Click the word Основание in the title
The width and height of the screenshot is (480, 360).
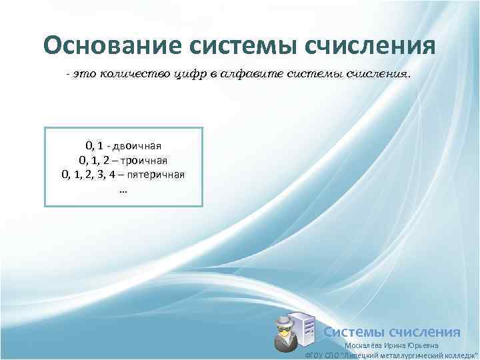click(x=112, y=45)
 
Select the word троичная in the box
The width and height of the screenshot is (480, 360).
click(x=144, y=160)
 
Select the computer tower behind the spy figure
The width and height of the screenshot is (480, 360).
click(x=305, y=331)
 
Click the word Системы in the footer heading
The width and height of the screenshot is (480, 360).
click(x=353, y=332)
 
